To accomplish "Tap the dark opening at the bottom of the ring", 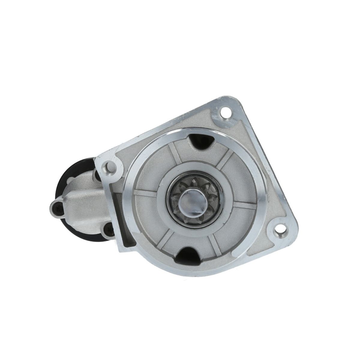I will click(x=188, y=255).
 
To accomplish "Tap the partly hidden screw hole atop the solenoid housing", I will click(x=95, y=173).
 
